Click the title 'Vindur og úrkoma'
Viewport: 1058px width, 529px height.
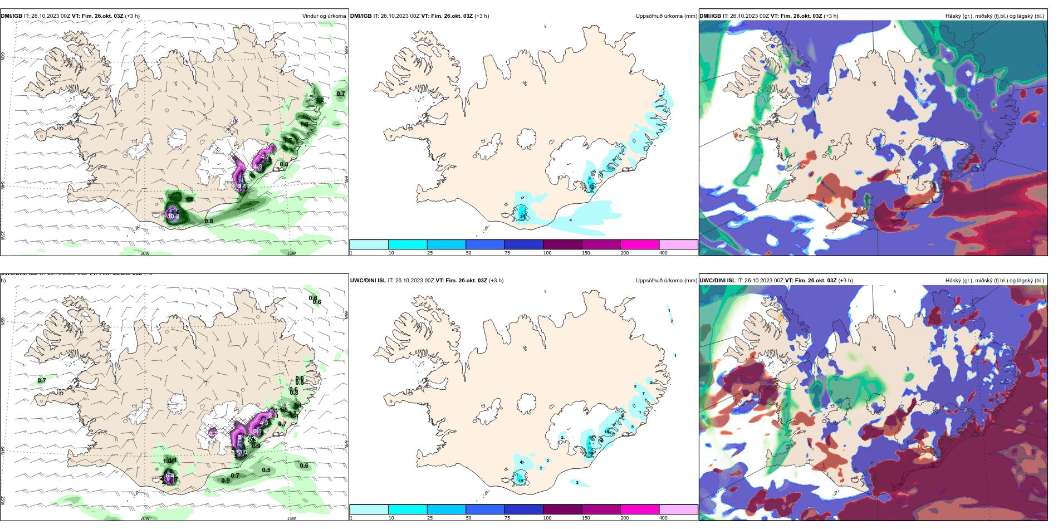pos(324,16)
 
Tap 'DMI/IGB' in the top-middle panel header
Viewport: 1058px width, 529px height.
pos(361,16)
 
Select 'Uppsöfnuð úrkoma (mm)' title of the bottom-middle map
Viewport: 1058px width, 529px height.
pos(666,281)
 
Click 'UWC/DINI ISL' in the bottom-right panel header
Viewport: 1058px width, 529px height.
pos(717,281)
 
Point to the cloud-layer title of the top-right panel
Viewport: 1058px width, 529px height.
pos(995,16)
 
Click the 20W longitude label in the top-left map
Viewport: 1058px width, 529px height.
pos(145,253)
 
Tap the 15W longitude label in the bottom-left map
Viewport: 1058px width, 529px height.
pos(291,518)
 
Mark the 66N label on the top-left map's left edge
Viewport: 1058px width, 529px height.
pos(3,56)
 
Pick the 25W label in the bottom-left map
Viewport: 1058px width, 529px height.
pos(3,500)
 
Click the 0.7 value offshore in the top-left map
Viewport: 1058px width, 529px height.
pos(341,94)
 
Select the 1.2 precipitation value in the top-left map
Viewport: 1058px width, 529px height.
pos(320,100)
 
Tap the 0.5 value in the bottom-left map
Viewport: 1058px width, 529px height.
pos(266,471)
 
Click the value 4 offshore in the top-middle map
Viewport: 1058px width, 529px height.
pos(571,221)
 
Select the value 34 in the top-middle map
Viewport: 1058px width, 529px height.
pos(522,215)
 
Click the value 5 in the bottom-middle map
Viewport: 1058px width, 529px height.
pos(633,427)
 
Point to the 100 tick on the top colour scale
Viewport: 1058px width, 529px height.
pos(547,253)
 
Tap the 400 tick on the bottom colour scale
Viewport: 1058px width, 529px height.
pos(663,518)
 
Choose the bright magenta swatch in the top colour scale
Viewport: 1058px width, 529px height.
pos(639,244)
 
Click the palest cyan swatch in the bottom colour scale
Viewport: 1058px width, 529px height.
pos(369,510)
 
